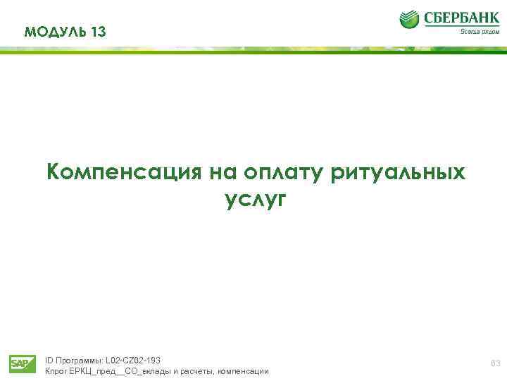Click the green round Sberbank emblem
click(x=410, y=20)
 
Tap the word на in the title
click(x=223, y=172)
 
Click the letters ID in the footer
click(x=49, y=360)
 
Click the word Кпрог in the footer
click(x=56, y=371)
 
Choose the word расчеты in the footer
click(x=197, y=371)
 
